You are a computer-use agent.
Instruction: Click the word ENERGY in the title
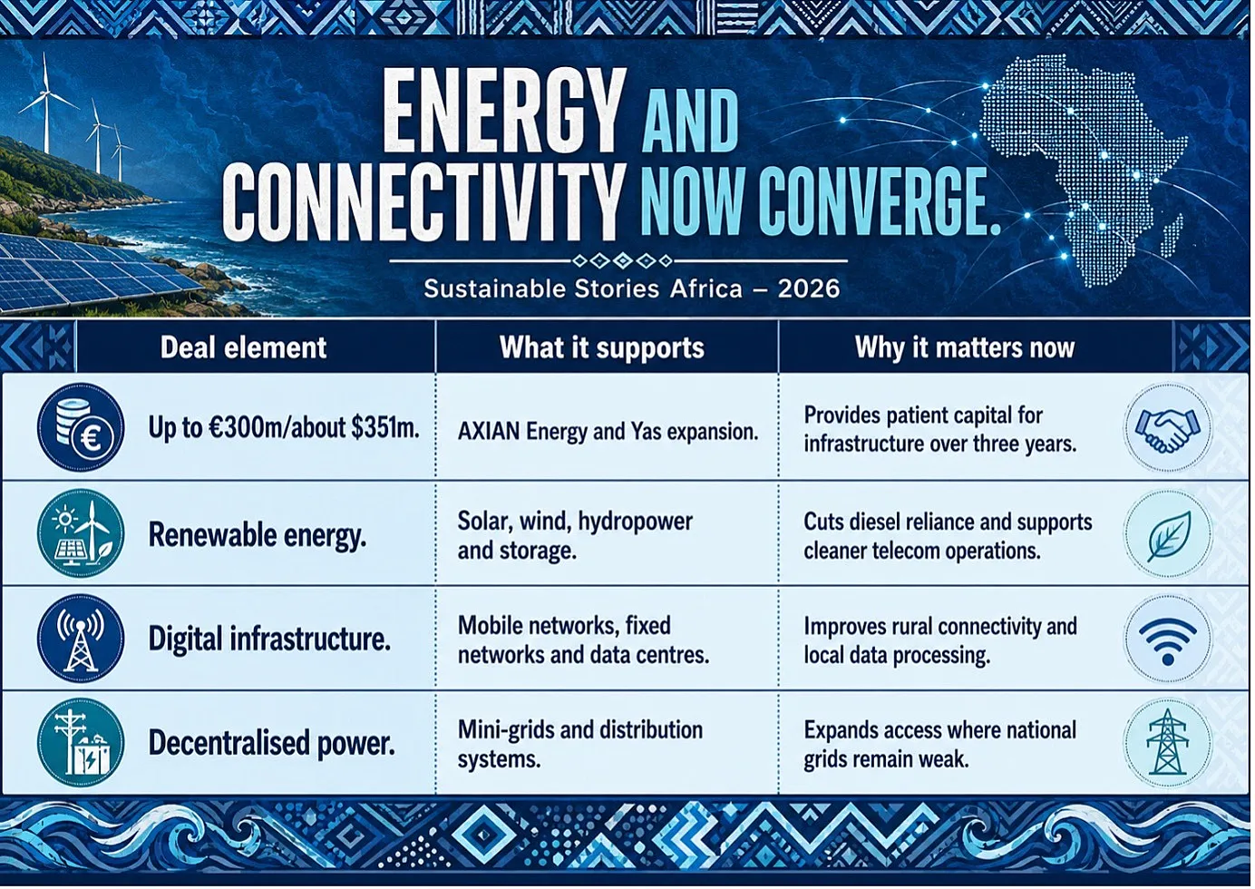pos(503,111)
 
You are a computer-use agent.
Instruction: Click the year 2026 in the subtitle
pos(809,289)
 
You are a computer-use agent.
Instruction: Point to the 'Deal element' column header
pos(243,347)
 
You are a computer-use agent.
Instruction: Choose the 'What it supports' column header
pos(602,348)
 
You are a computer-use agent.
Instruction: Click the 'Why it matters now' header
pos(964,347)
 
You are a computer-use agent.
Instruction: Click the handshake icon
pos(1168,428)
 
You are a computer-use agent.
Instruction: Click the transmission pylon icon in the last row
pos(1168,743)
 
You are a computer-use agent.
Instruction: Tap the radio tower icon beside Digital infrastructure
pos(81,639)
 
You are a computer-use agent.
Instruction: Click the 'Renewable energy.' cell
pos(258,534)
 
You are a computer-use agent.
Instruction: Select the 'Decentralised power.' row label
pos(272,743)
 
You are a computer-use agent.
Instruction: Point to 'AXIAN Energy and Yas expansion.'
pos(608,431)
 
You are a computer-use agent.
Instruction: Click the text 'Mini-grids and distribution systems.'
pos(579,745)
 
